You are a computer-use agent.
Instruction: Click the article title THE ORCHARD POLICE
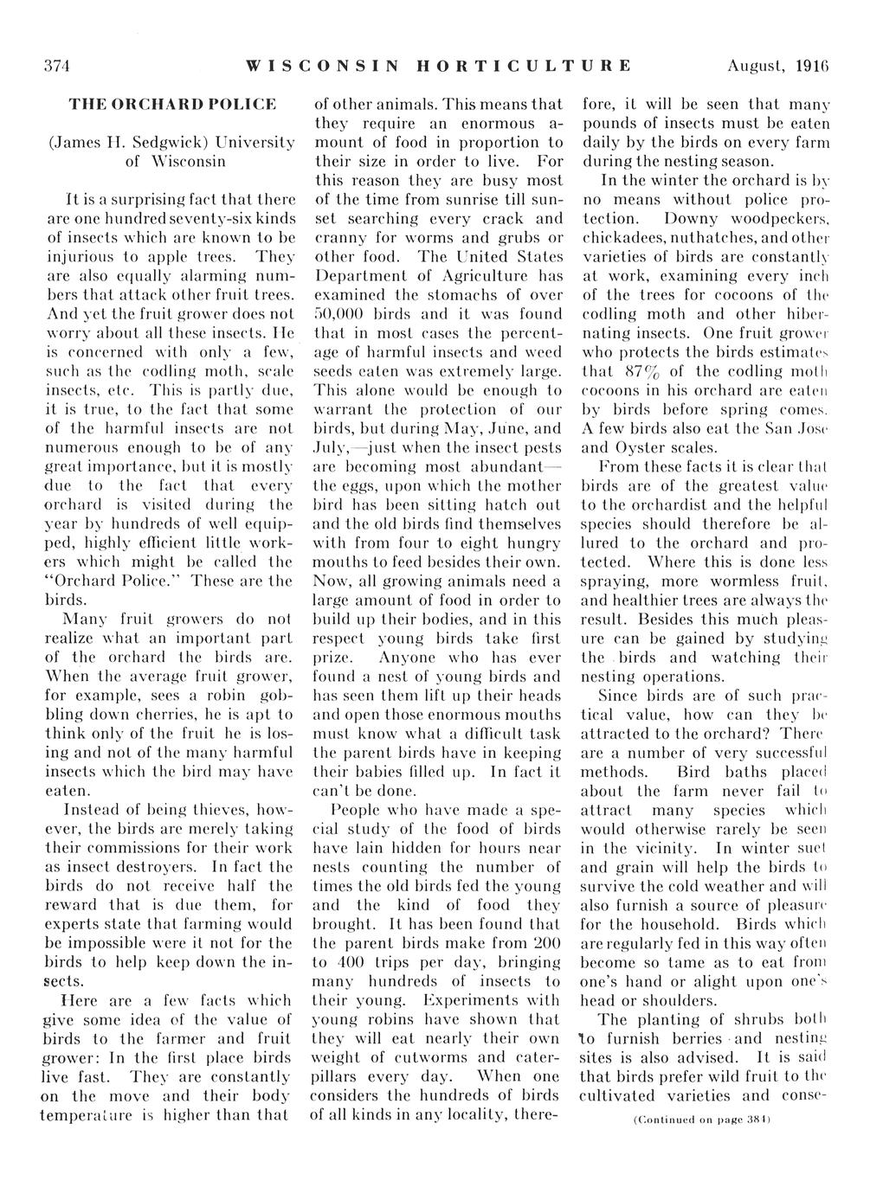[172, 105]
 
